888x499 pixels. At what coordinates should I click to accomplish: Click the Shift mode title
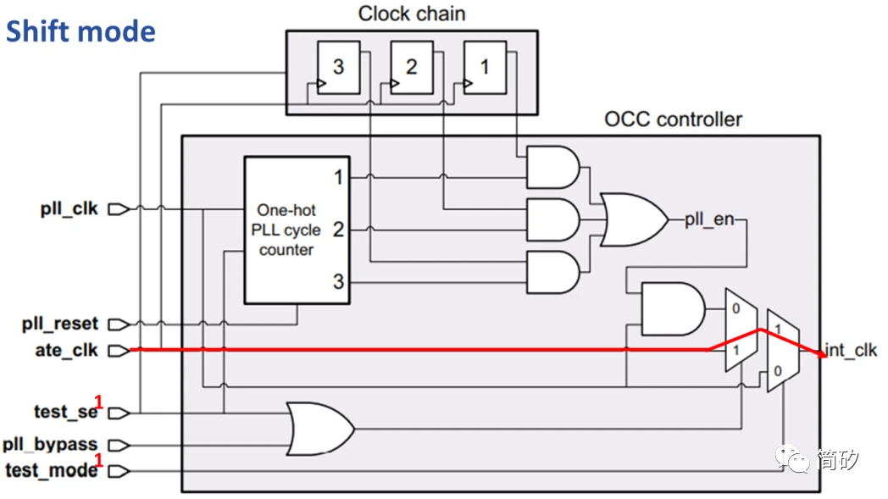80,31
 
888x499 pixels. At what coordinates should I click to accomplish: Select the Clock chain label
411,14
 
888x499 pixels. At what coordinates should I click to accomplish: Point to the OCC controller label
673,119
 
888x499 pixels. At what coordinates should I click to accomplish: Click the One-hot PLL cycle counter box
297,230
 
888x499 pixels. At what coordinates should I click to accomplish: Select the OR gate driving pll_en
632,219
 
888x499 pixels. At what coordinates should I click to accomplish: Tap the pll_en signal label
709,221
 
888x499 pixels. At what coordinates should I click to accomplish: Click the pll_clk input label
69,208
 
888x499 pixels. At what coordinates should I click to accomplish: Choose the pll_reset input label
60,324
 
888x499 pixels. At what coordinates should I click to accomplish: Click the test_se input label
65,412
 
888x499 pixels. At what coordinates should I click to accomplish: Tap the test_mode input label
52,469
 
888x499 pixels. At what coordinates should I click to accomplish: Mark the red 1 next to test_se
98,402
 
